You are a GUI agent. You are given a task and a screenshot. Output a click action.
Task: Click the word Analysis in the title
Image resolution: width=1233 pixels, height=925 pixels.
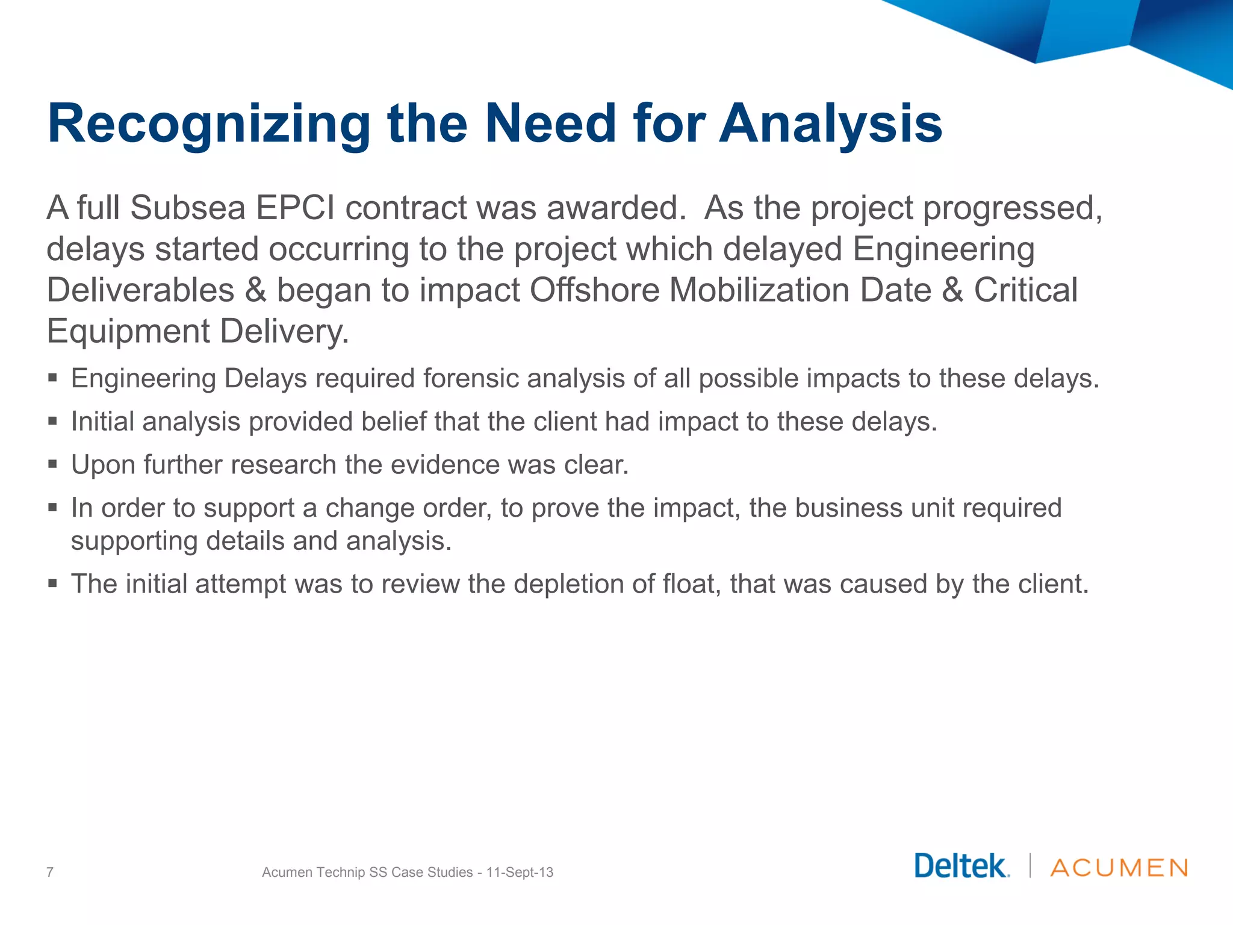tap(831, 124)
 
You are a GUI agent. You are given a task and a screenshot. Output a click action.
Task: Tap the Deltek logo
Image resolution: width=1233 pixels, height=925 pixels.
tap(961, 867)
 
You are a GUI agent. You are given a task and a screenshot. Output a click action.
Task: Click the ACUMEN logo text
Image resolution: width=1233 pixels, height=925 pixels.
tap(1119, 868)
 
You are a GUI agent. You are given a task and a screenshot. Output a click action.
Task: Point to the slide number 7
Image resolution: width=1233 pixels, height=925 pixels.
tap(50, 872)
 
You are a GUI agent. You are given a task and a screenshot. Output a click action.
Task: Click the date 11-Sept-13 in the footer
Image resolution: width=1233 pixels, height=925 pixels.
tap(520, 872)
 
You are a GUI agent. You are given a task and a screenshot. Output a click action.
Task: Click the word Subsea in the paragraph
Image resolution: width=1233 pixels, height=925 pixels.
tap(187, 208)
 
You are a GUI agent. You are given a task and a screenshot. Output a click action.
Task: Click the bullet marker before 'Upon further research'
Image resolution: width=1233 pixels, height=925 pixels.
tap(53, 464)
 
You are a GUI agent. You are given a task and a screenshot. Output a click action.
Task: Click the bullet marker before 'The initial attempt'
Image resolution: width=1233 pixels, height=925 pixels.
tap(53, 584)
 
